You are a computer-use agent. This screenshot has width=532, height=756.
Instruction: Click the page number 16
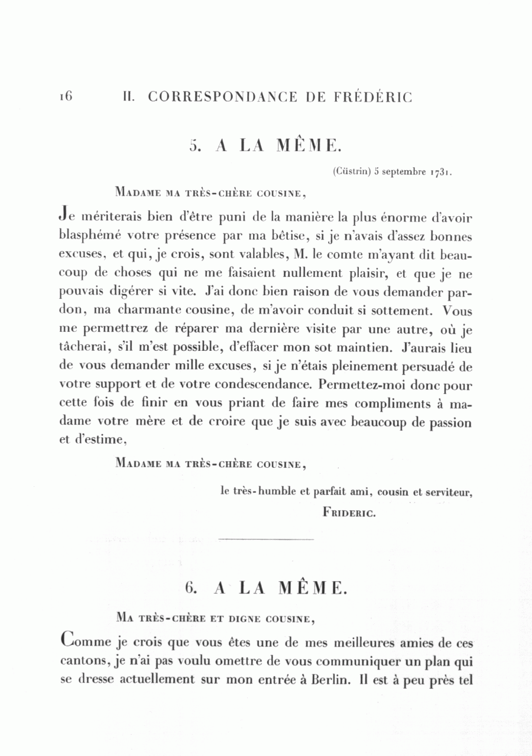click(65, 96)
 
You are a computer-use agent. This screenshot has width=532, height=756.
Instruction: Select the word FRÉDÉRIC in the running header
click(374, 97)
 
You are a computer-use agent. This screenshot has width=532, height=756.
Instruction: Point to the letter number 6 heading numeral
click(190, 588)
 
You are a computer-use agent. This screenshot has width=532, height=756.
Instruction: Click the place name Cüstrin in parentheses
click(353, 172)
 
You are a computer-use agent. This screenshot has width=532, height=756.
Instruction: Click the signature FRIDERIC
click(349, 513)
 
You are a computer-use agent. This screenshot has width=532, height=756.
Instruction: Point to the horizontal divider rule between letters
click(265, 539)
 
